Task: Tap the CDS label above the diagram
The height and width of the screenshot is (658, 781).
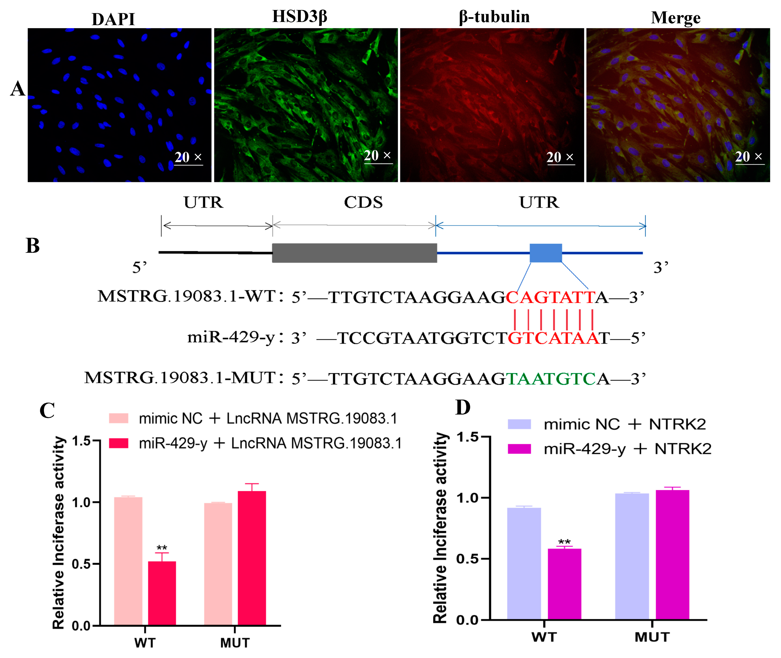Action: pyautogui.click(x=363, y=202)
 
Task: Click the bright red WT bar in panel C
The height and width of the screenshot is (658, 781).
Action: pyautogui.click(x=162, y=593)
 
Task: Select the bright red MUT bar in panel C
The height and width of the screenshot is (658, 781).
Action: pyautogui.click(x=252, y=558)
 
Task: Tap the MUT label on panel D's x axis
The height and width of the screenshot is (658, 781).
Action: pyautogui.click(x=652, y=637)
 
